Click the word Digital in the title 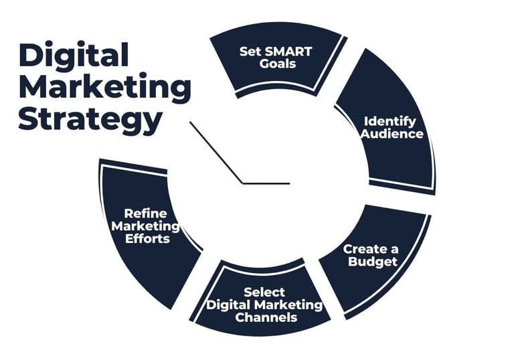[x=74, y=56]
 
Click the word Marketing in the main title [x=104, y=88]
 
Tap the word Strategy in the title [x=90, y=120]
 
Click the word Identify [x=390, y=121]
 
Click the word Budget [x=373, y=262]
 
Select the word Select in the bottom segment [x=264, y=292]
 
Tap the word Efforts [x=145, y=238]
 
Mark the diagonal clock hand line [x=216, y=152]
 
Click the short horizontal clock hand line [x=266, y=183]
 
